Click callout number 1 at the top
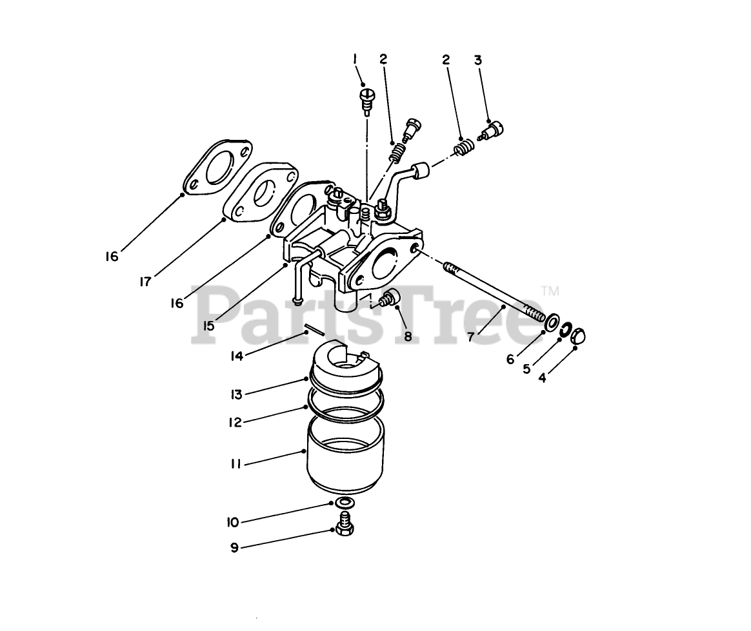(355, 59)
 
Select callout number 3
(477, 61)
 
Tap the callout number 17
(146, 282)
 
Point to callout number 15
(208, 325)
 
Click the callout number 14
(237, 356)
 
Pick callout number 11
(235, 463)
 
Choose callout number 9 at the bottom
(234, 547)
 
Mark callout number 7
(471, 337)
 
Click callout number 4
(542, 378)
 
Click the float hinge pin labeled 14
(315, 329)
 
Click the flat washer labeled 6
(551, 322)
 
